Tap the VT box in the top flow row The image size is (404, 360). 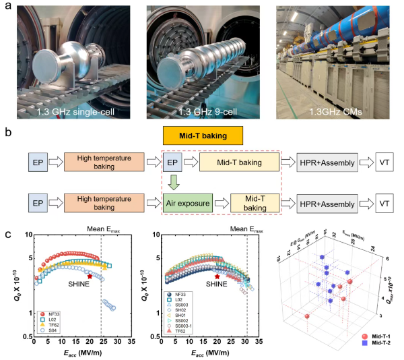[x=384, y=162]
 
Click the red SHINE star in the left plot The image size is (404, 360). [x=90, y=276]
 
